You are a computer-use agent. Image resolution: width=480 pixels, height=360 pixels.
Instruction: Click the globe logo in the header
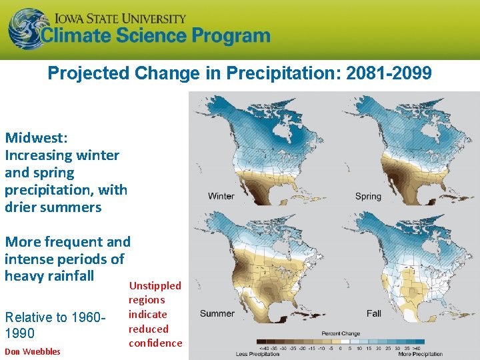pyautogui.click(x=25, y=27)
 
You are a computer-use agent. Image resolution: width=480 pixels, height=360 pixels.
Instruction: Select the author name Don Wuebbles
pyautogui.click(x=33, y=351)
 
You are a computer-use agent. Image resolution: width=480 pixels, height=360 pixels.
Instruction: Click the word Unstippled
pyautogui.click(x=155, y=285)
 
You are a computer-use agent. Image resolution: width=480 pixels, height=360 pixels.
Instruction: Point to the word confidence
pyautogui.click(x=155, y=343)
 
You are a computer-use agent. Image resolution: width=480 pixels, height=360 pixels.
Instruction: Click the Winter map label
pyautogui.click(x=221, y=196)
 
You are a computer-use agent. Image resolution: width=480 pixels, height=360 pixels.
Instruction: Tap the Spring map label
pyautogui.click(x=368, y=196)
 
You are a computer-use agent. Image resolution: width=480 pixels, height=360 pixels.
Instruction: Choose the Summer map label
pyautogui.click(x=217, y=313)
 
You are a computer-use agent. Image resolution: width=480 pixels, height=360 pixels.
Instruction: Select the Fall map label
pyautogui.click(x=375, y=313)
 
